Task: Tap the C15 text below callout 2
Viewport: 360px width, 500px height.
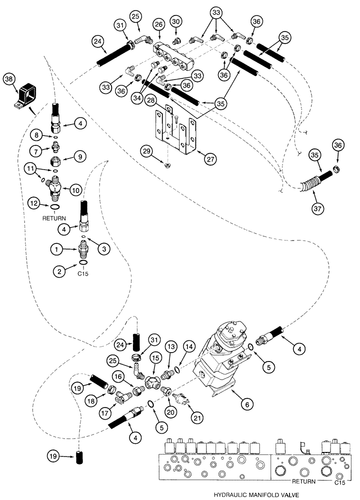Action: point(82,274)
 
